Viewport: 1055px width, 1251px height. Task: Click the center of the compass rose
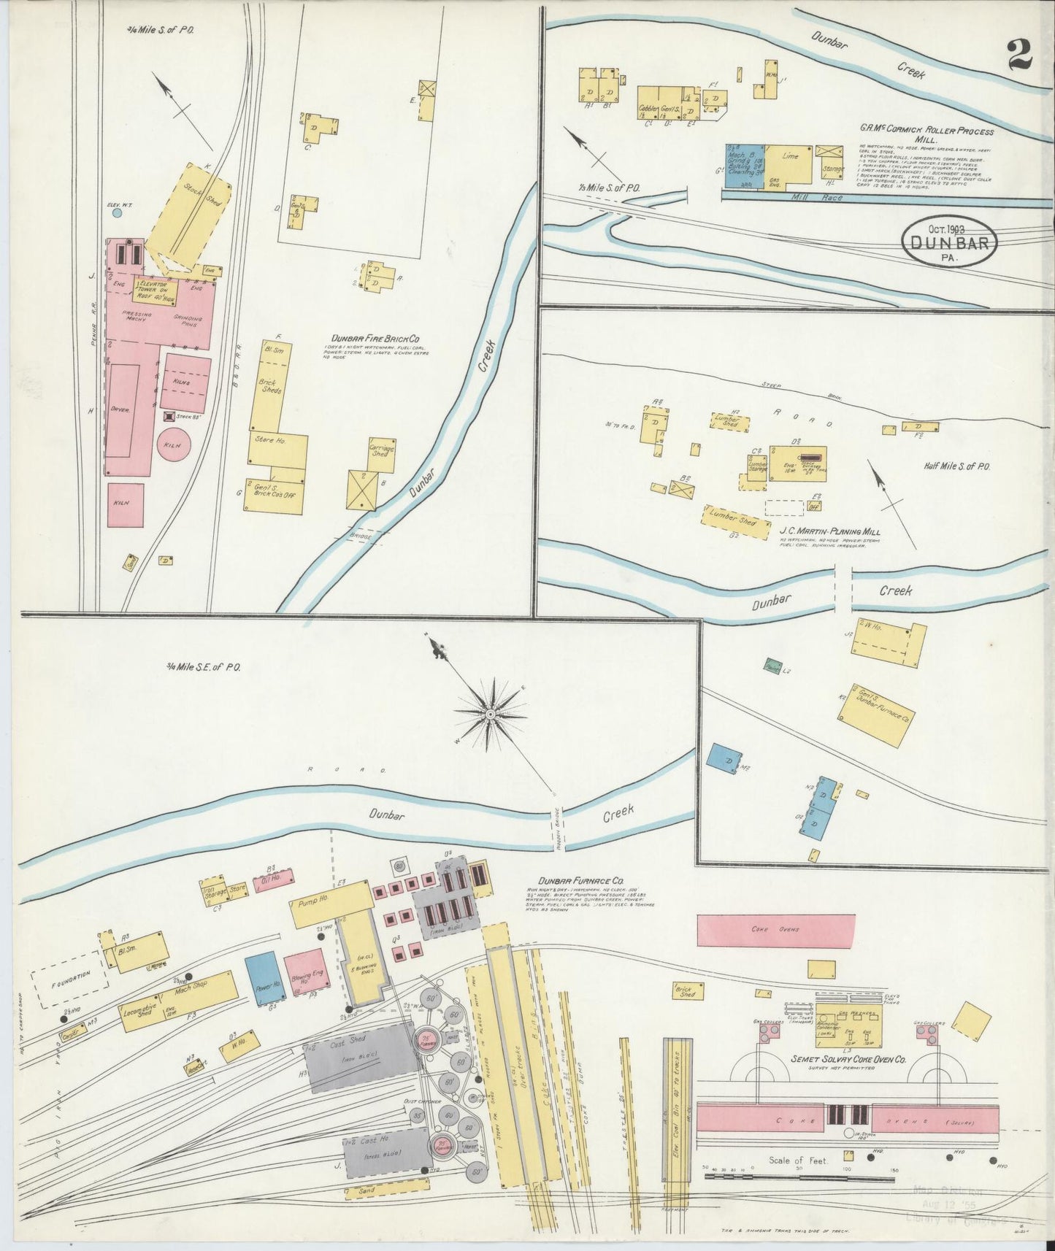tap(491, 711)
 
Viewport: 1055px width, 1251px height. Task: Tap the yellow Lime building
tap(789, 163)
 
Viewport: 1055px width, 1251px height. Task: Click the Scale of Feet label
tap(798, 1160)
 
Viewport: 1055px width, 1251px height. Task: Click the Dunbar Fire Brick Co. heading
tap(375, 339)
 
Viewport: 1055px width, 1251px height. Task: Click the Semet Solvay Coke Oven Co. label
tap(848, 1058)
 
